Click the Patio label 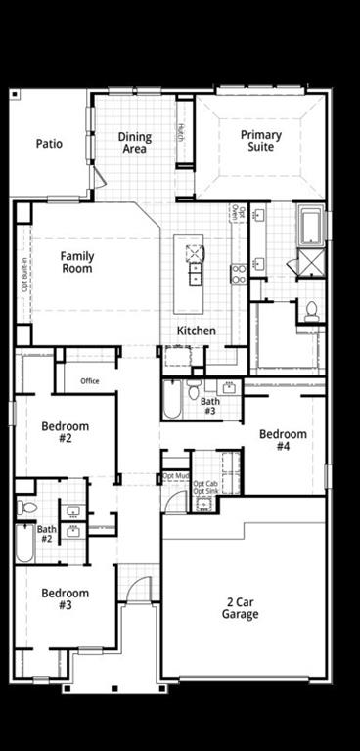[x=50, y=144]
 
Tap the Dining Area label [x=135, y=143]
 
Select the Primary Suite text [x=261, y=142]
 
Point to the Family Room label [x=77, y=262]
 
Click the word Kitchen [x=196, y=331]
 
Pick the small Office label [x=90, y=381]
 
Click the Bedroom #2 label [x=66, y=432]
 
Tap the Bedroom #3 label [x=66, y=598]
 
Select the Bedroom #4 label [x=283, y=440]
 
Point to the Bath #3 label [x=210, y=405]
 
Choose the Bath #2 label [x=46, y=534]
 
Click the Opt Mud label [x=175, y=475]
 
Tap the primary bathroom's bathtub [x=310, y=224]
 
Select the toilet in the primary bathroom [x=311, y=311]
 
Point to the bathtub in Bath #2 [x=24, y=543]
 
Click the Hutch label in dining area [x=181, y=131]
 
